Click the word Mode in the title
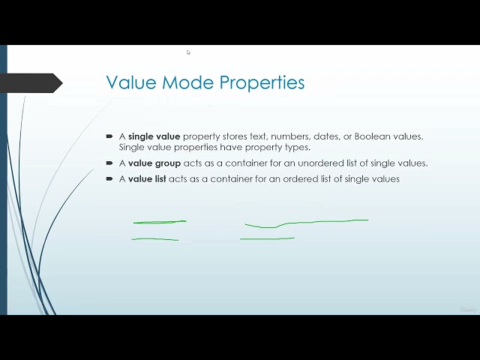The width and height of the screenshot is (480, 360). (x=176, y=82)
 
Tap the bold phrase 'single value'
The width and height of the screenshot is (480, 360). (x=154, y=136)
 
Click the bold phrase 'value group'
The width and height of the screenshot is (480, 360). (x=154, y=163)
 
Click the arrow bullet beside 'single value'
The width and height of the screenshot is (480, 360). (x=110, y=136)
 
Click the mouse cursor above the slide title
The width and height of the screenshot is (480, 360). (x=188, y=52)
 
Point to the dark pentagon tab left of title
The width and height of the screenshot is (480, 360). (x=33, y=83)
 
